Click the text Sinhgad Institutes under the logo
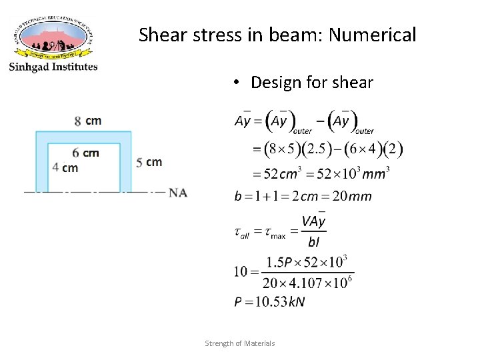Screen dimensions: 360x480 (x=53, y=67)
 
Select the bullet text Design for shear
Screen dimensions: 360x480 (x=311, y=82)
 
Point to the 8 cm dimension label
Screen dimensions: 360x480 (x=88, y=121)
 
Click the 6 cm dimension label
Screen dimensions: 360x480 (x=85, y=153)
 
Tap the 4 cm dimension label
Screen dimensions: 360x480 (x=65, y=167)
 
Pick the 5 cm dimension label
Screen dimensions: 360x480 (x=149, y=162)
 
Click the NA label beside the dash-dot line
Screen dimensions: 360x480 (x=178, y=193)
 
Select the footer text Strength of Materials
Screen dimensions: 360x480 (x=239, y=343)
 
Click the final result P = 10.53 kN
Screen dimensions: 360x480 (x=269, y=302)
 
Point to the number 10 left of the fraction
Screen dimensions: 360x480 (x=241, y=271)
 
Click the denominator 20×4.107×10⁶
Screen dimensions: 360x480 (x=307, y=283)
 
